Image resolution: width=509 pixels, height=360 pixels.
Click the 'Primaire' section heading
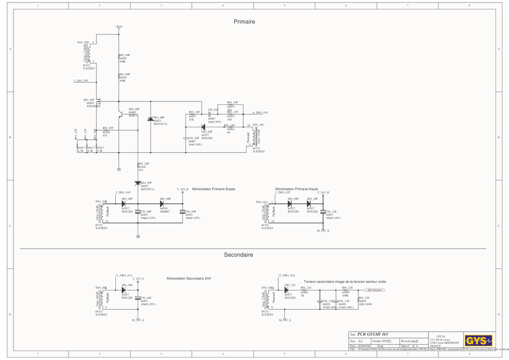pyautogui.click(x=244, y=22)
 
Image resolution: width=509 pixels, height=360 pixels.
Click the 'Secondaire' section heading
pyautogui.click(x=238, y=255)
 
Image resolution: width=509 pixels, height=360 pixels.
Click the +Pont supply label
pyautogui.click(x=119, y=26)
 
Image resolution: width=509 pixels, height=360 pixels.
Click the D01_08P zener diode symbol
pyautogui.click(x=151, y=119)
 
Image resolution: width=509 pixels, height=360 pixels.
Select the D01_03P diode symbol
pyautogui.click(x=123, y=203)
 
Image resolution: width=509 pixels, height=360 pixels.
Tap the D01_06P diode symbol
pyautogui.click(x=163, y=203)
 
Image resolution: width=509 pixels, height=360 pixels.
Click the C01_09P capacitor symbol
pyautogui.click(x=182, y=211)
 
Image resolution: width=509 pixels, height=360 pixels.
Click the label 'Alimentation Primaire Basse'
pyautogui.click(x=213, y=189)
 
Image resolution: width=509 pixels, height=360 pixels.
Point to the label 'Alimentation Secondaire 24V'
pyautogui.click(x=188, y=278)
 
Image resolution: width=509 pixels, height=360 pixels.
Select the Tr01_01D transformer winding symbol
pyautogui.click(x=89, y=52)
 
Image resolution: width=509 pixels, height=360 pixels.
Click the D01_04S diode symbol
pyautogui.click(x=123, y=290)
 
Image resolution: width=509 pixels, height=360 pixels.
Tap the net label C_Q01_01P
pyautogui.click(x=81, y=81)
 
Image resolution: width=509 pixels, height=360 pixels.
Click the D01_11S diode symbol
pyautogui.click(x=286, y=290)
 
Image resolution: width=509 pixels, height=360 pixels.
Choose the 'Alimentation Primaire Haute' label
pyautogui.click(x=296, y=189)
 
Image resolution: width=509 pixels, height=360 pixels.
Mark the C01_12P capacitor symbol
pyautogui.click(x=323, y=212)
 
